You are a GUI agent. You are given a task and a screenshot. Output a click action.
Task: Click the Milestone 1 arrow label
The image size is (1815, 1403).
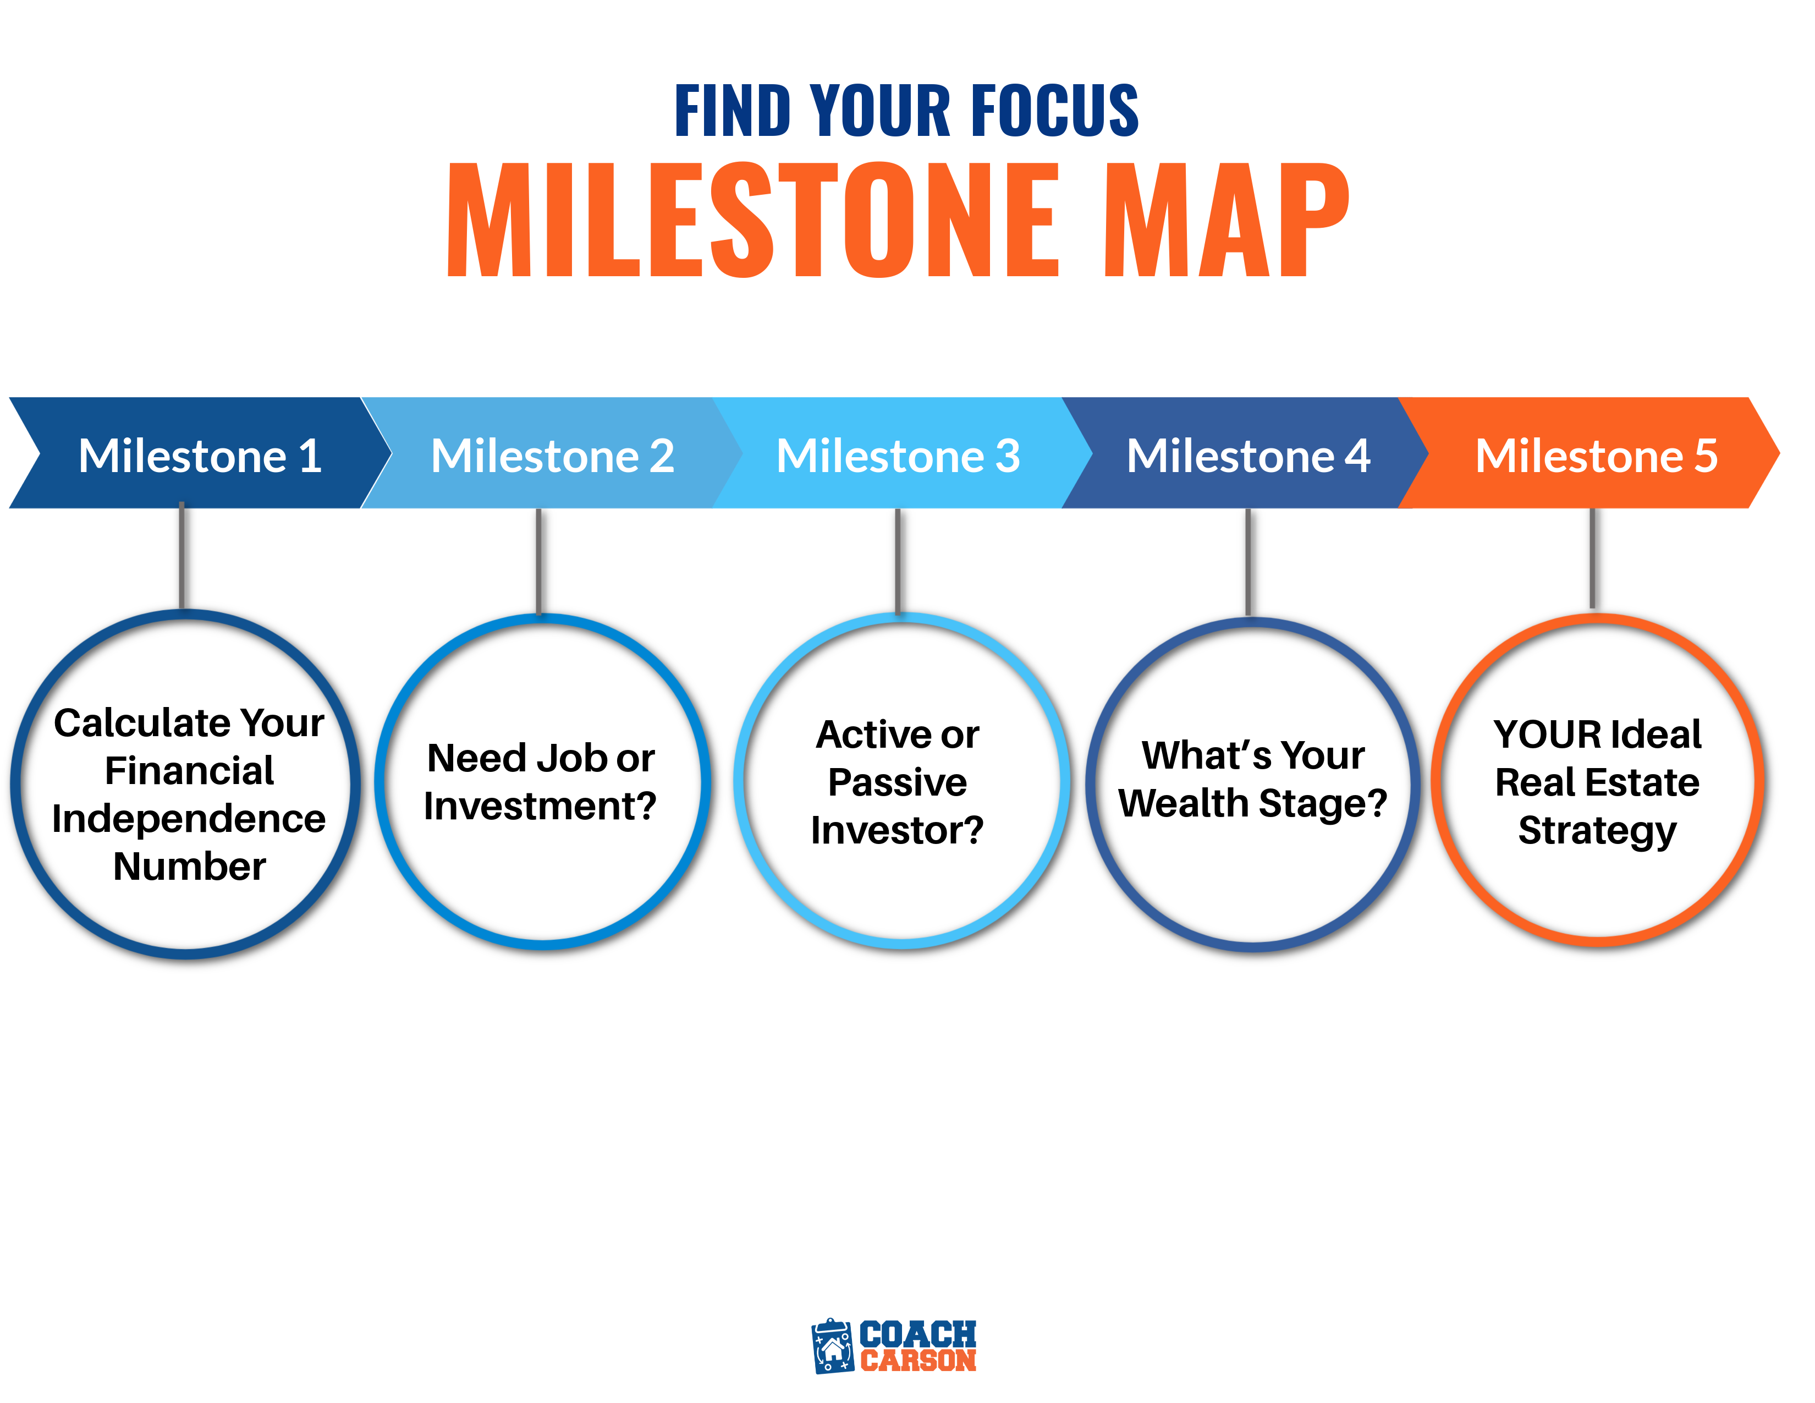(200, 456)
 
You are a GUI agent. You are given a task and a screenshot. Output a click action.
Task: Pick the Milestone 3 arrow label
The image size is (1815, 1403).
(898, 456)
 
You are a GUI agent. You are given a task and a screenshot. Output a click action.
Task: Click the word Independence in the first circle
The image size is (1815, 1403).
(189, 819)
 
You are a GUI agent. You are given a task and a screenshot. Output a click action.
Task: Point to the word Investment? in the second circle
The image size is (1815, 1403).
(540, 805)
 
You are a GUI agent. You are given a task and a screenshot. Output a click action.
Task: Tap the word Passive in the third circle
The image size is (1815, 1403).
(898, 782)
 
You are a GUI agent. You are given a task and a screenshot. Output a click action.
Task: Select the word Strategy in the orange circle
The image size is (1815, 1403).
(1597, 831)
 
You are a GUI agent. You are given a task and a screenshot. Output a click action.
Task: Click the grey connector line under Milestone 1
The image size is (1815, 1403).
(181, 555)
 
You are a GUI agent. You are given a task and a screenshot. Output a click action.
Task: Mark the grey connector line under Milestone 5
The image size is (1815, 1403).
(1592, 558)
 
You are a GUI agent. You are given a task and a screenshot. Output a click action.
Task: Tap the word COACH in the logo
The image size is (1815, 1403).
(917, 1334)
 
